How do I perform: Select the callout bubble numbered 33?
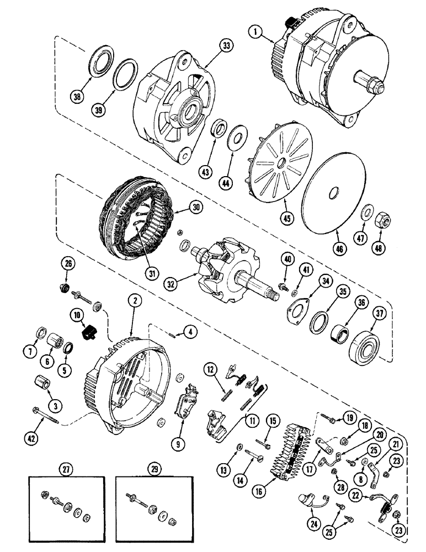coord(211,47)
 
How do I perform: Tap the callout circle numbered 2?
coord(133,301)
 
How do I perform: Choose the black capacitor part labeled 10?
coord(88,333)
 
